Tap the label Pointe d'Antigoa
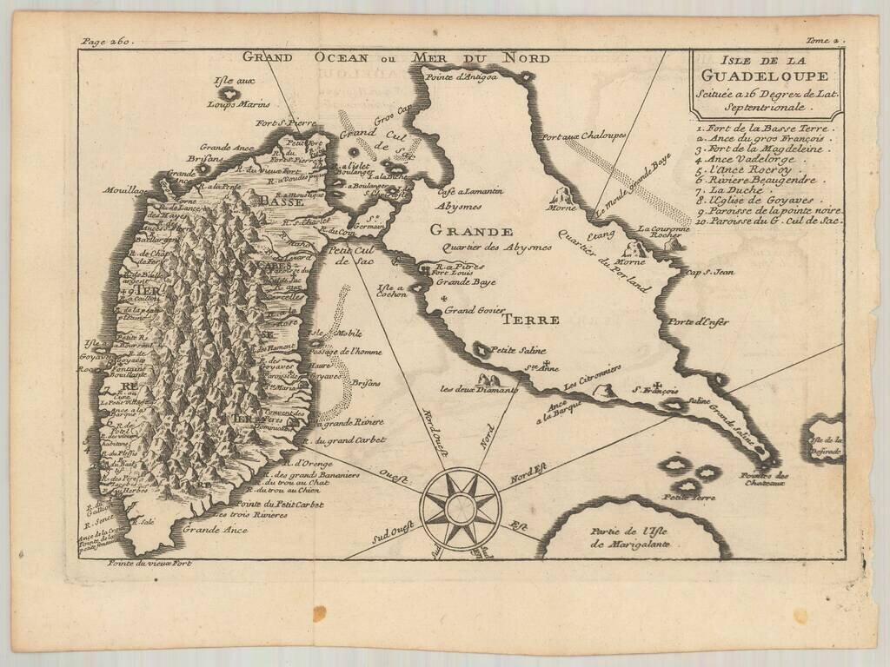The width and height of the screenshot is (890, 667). (x=461, y=78)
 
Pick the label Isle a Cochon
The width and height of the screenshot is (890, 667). (x=392, y=291)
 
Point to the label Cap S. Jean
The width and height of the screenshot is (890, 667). (x=710, y=272)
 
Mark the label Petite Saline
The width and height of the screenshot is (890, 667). (x=513, y=352)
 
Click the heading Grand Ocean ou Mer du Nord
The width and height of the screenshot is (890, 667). (x=395, y=58)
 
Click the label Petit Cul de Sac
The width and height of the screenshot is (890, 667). (x=353, y=254)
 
